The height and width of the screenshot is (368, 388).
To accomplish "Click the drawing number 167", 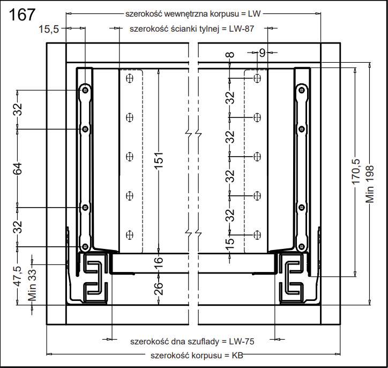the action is [x=23, y=14].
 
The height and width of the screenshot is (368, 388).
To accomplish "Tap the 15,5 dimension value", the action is [x=49, y=29].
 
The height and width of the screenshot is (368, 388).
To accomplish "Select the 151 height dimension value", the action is [x=159, y=160].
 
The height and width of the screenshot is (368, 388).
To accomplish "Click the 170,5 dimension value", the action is [x=356, y=171].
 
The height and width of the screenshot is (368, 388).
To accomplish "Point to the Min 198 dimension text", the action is [x=370, y=184].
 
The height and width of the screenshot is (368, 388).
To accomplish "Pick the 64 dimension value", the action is [x=18, y=168].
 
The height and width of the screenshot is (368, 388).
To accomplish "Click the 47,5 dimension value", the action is [x=18, y=276].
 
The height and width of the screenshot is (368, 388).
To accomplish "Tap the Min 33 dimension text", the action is [x=32, y=285].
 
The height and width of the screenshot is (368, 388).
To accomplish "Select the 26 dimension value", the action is [x=159, y=289].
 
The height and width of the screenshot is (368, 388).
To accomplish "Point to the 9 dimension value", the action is [x=262, y=53].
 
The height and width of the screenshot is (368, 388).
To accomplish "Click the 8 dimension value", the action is [x=230, y=55].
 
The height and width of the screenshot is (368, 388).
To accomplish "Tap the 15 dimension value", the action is [x=230, y=244].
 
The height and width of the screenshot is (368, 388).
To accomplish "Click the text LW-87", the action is [x=241, y=29].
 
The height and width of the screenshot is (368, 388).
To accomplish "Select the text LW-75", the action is [x=242, y=342].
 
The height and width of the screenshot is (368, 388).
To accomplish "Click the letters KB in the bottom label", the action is [x=237, y=355].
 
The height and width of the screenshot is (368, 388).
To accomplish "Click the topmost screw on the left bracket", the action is [x=85, y=90].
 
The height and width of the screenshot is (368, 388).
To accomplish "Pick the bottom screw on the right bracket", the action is [x=301, y=247].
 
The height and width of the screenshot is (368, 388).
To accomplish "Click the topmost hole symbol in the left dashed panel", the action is [x=130, y=78].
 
